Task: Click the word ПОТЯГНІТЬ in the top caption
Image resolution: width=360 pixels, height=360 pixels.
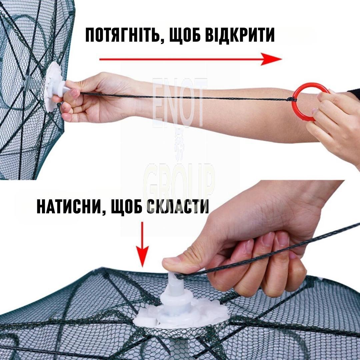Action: point(122,35)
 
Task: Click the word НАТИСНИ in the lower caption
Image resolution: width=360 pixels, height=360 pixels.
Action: point(69,206)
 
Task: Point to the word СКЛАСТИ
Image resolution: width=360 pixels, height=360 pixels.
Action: point(177,206)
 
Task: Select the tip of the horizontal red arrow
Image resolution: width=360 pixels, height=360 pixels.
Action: point(282,59)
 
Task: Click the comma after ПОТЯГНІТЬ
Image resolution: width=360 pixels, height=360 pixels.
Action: point(162,41)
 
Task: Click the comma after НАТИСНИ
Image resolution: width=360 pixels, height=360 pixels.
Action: point(104,212)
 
